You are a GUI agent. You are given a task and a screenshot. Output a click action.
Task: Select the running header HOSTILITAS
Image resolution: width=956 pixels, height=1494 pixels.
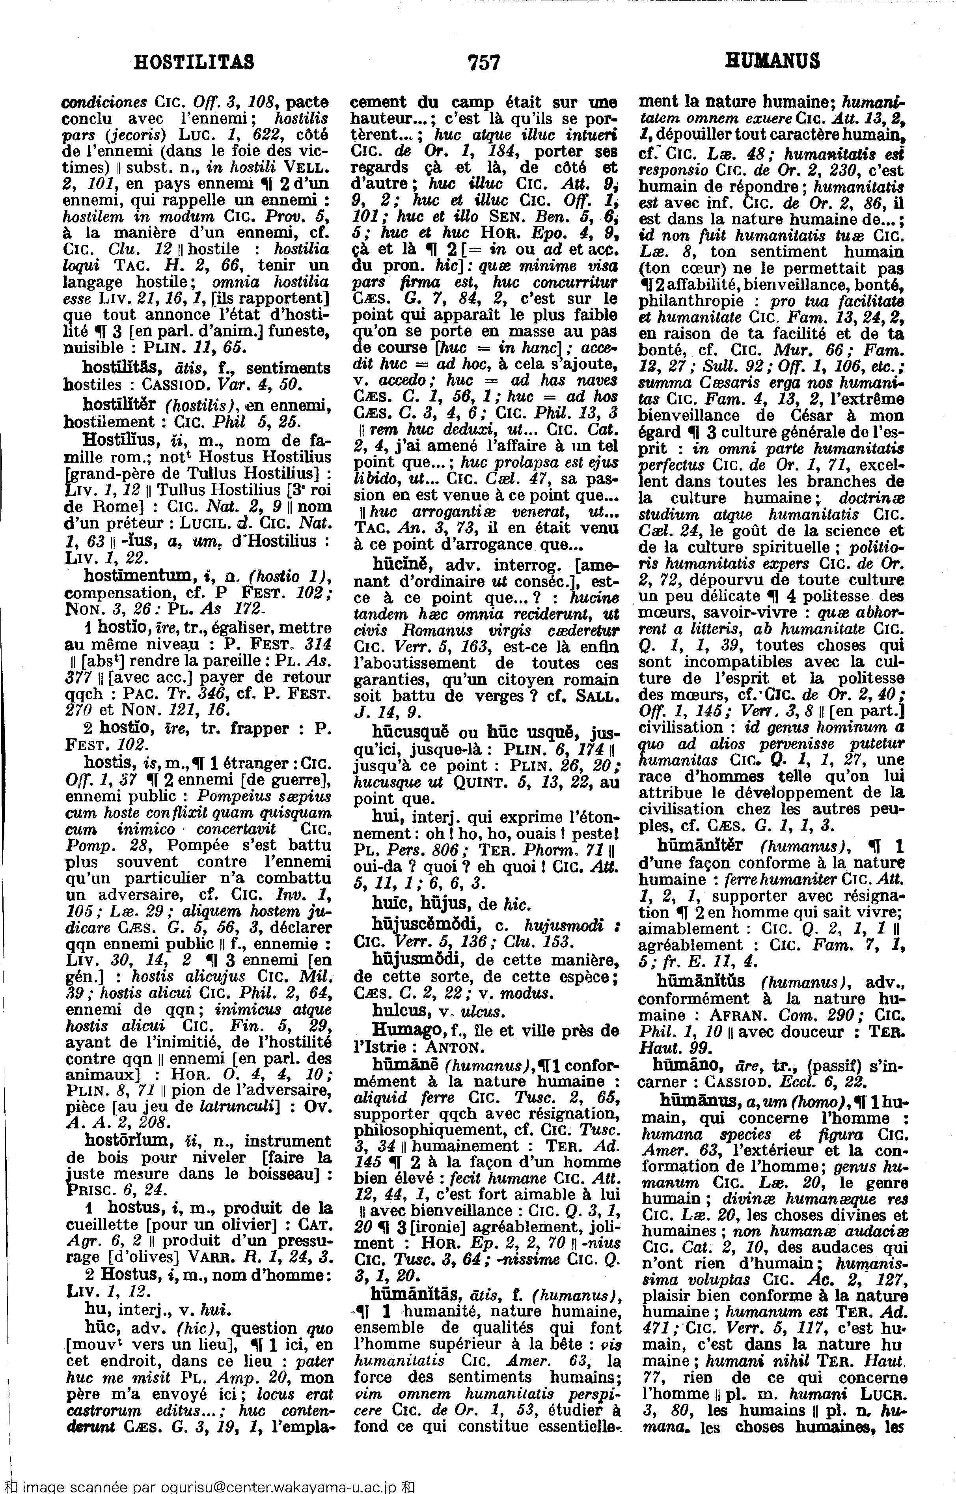194,62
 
